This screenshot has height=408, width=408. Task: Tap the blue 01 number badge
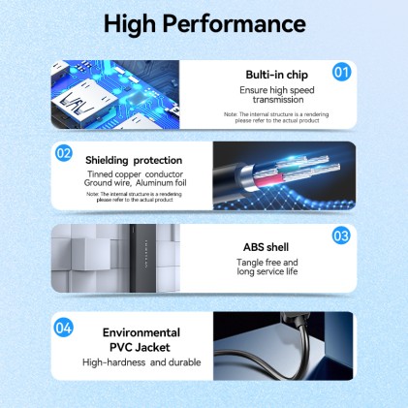tap(341, 71)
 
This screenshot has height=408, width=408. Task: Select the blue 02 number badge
tap(64, 152)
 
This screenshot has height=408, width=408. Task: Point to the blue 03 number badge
tap(341, 235)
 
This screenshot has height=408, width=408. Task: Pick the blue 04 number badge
tap(64, 327)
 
